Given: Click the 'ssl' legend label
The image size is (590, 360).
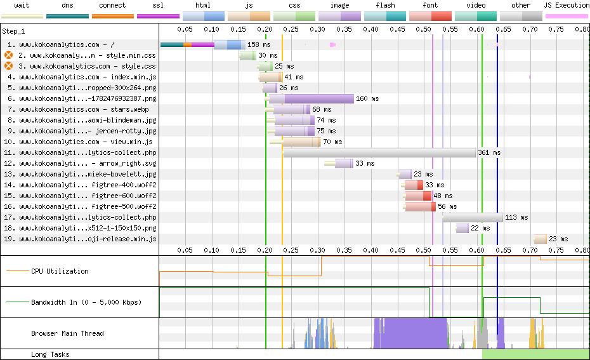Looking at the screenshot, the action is [x=158, y=5].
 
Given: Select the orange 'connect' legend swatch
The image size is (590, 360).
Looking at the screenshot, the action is [x=113, y=17].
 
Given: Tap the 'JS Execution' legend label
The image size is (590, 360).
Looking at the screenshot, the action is [x=567, y=5].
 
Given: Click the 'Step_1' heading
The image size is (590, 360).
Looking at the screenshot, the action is [x=13, y=31].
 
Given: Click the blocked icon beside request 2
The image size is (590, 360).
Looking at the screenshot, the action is [x=9, y=55].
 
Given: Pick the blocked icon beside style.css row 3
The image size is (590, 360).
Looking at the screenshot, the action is [x=9, y=66].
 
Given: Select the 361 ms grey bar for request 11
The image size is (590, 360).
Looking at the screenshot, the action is [x=379, y=152].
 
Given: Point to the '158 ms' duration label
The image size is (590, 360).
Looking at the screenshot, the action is [x=259, y=44].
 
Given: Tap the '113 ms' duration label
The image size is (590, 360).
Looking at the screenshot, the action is [x=516, y=217].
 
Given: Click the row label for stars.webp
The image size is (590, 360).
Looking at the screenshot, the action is [x=84, y=109].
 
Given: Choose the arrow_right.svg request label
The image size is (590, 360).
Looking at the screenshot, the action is [x=88, y=163].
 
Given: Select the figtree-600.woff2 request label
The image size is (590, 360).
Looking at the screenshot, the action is [x=88, y=196].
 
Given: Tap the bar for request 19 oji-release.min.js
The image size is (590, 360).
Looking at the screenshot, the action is [x=541, y=239].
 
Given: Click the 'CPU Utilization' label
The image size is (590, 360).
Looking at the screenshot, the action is [x=60, y=271].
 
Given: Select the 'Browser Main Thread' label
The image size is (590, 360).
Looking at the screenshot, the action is [x=67, y=333].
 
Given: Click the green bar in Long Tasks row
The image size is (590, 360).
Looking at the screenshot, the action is [x=535, y=354].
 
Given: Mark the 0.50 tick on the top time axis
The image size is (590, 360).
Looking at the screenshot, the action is [x=424, y=29].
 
